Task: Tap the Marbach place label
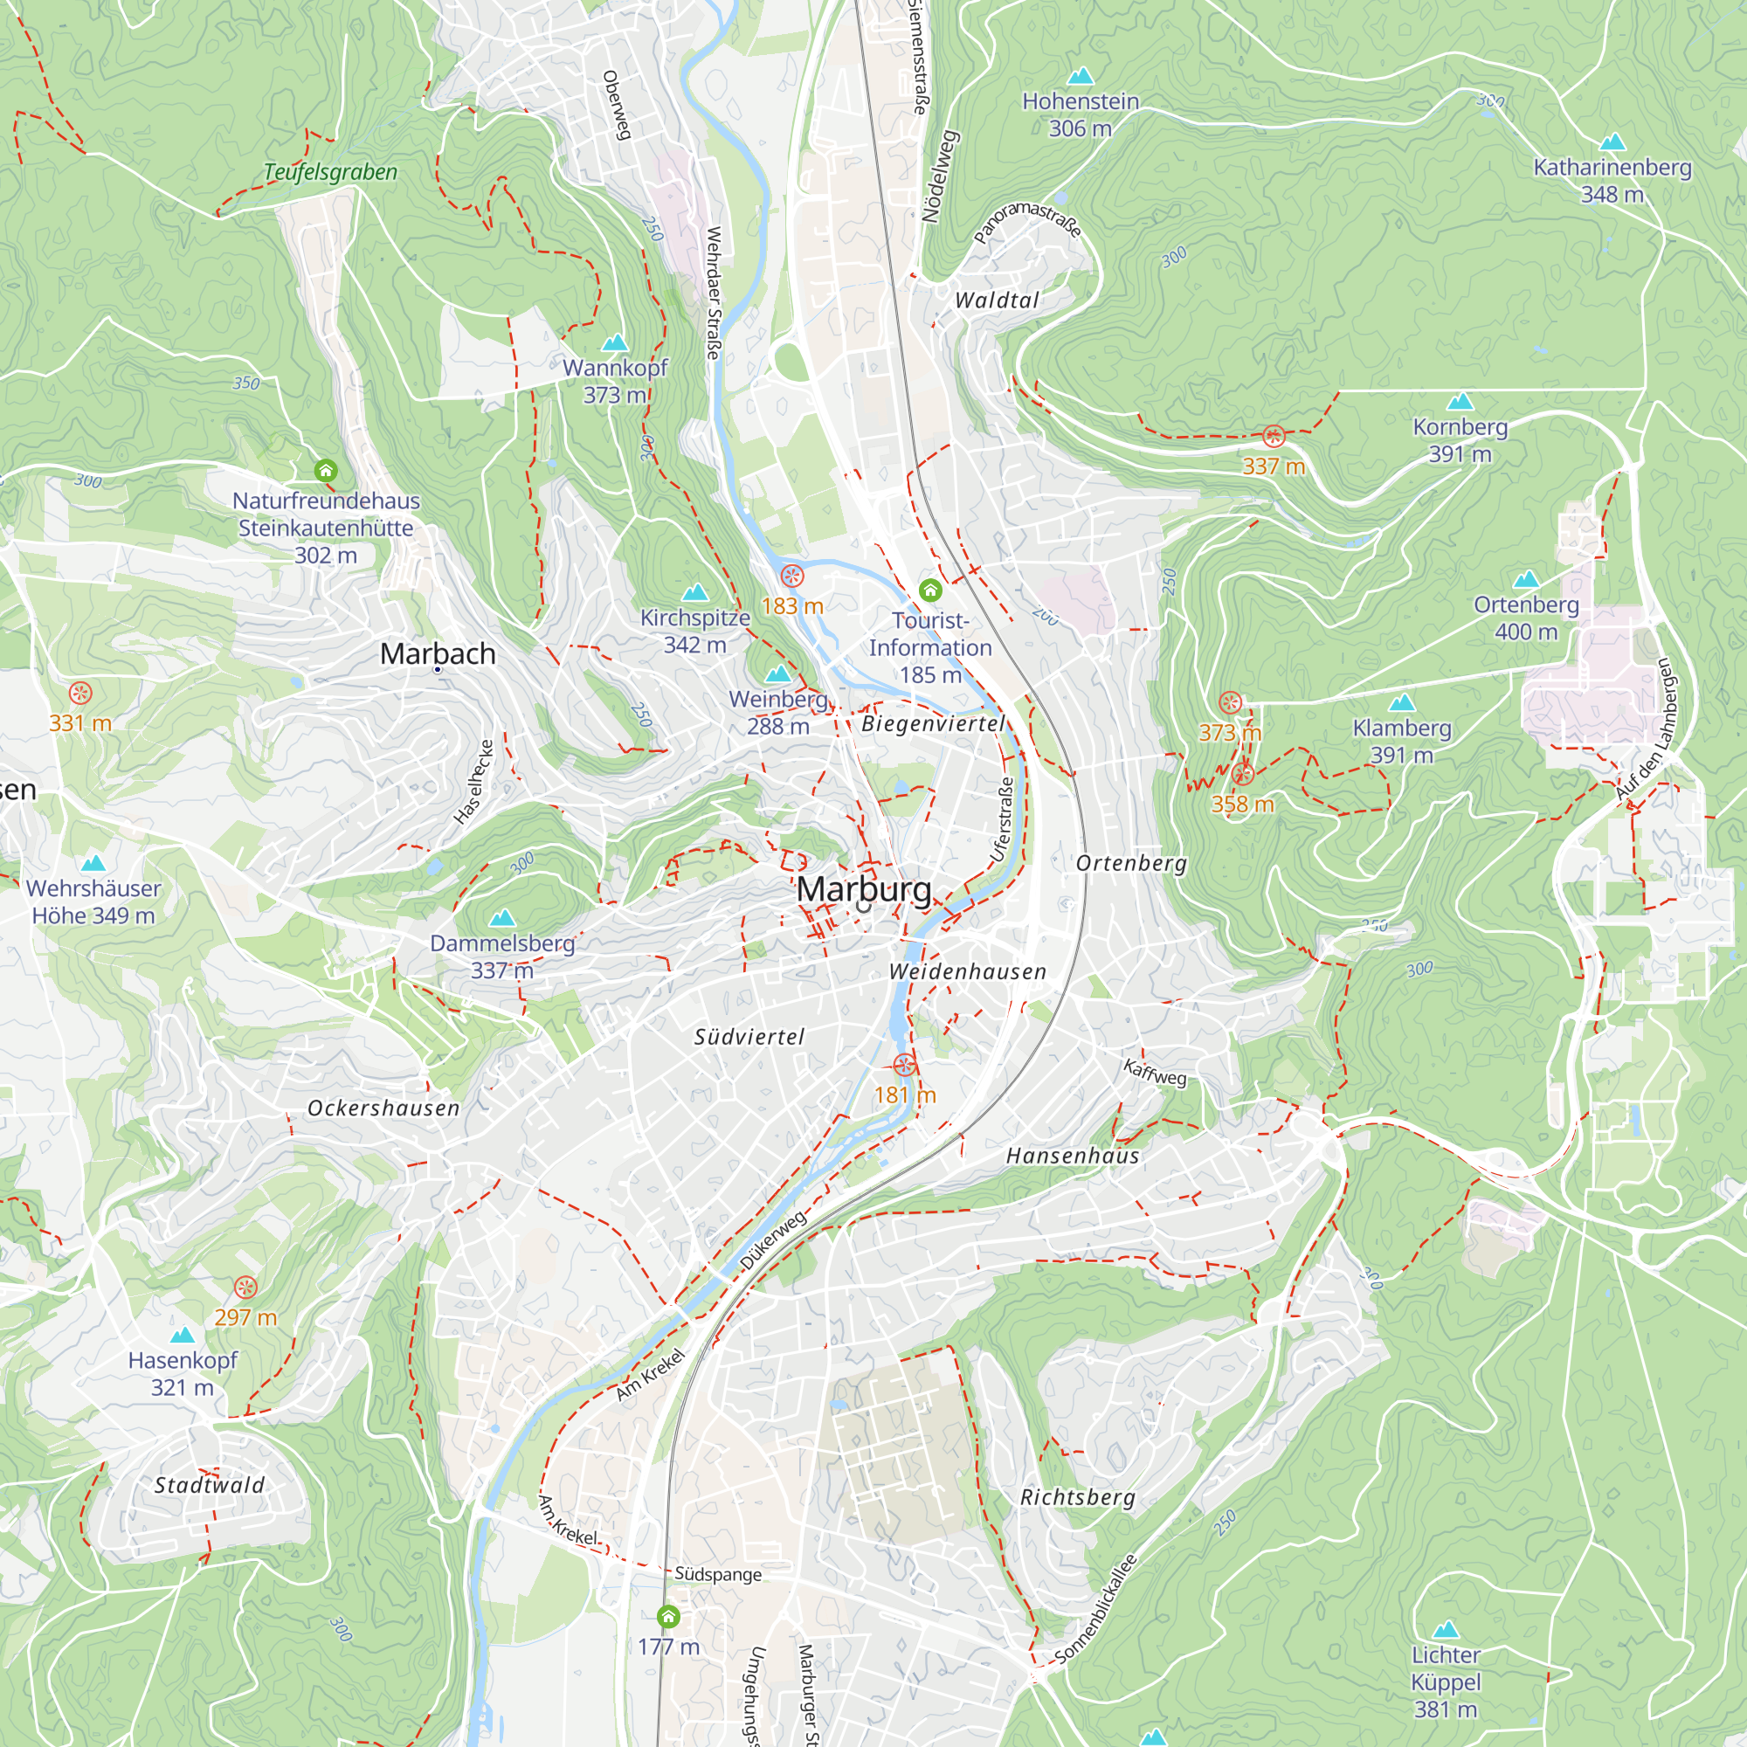(x=438, y=653)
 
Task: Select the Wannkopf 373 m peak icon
(x=615, y=342)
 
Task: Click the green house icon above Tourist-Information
(x=929, y=590)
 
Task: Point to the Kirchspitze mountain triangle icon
(x=694, y=593)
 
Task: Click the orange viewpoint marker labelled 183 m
(x=792, y=576)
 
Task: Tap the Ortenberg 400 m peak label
(x=1525, y=618)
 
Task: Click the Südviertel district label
(x=749, y=1036)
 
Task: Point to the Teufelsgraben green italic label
(x=330, y=172)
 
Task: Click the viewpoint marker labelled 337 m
(x=1274, y=437)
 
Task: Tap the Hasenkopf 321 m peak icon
(x=183, y=1335)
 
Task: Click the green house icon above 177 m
(x=668, y=1616)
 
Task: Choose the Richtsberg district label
(x=1077, y=1496)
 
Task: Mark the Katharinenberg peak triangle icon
(x=1612, y=142)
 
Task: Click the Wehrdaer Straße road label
(x=714, y=293)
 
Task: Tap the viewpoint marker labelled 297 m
(x=245, y=1288)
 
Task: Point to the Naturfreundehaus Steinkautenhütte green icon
(x=326, y=470)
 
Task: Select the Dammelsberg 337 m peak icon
(x=502, y=919)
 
